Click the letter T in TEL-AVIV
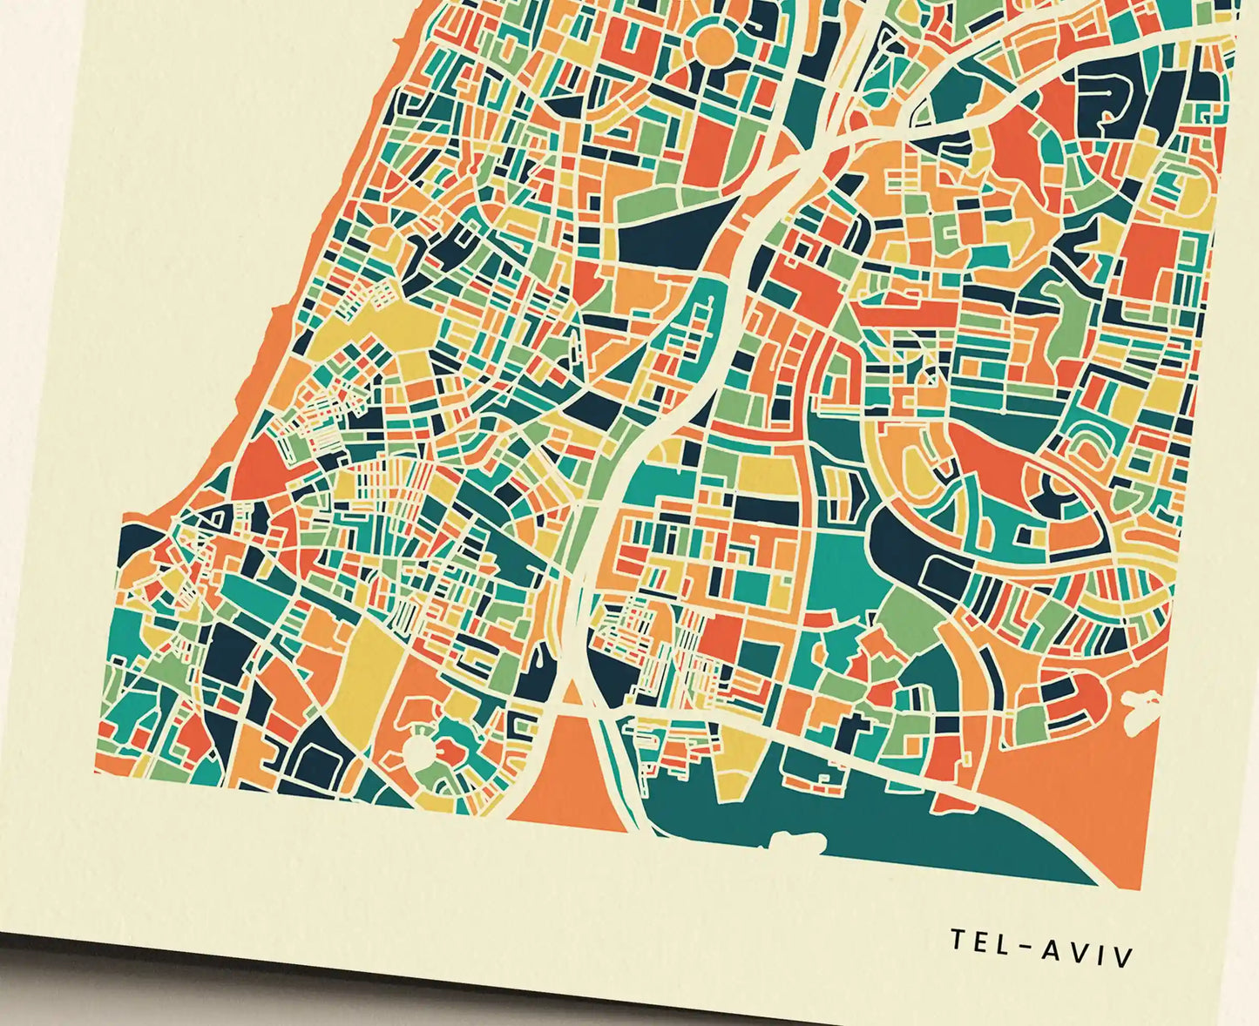tap(957, 940)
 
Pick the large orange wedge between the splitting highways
tap(566, 775)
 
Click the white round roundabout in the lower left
tap(420, 751)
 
